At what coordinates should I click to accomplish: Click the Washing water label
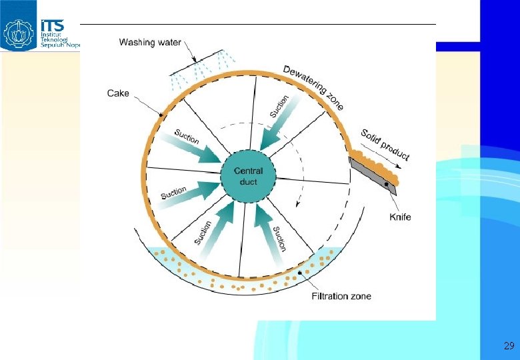149,43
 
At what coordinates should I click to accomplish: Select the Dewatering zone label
313,87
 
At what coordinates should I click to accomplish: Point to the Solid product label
385,145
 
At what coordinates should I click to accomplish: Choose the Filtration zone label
342,296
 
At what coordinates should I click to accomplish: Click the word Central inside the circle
248,171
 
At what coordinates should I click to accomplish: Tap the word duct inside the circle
248,181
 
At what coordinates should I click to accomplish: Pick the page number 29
509,346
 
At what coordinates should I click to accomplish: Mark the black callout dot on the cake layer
161,115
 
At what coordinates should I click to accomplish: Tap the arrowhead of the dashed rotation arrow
299,208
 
